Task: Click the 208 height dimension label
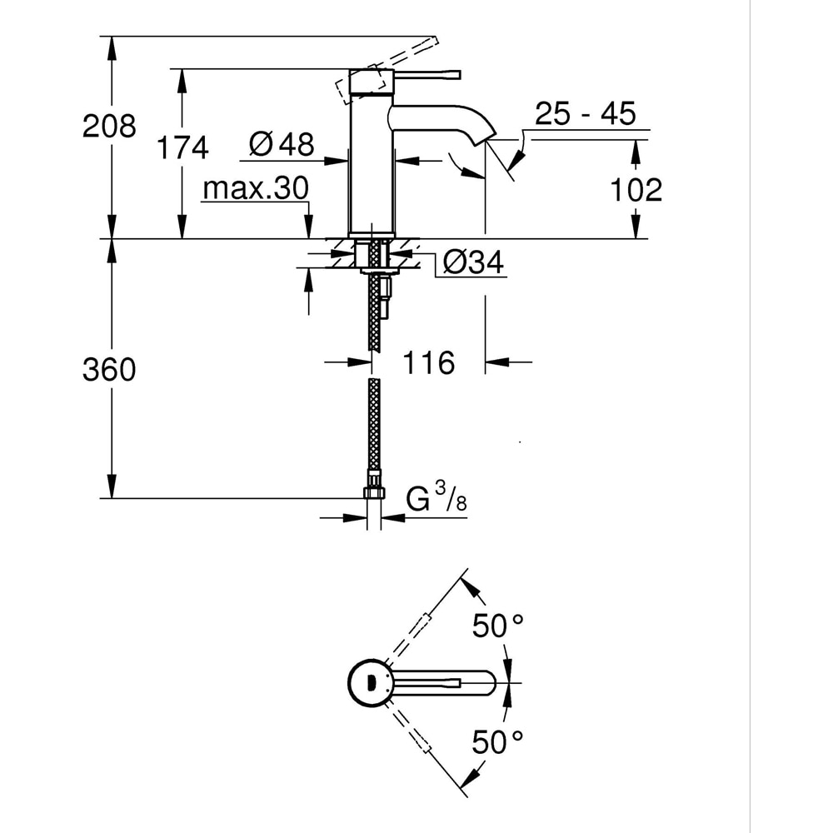[x=108, y=127]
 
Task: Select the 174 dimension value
[x=183, y=147]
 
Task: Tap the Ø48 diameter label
[x=282, y=145]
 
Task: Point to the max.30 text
[x=255, y=189]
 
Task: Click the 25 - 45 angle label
[x=585, y=113]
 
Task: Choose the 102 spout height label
[x=636, y=190]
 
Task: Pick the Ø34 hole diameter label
[x=472, y=263]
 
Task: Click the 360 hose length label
[x=108, y=369]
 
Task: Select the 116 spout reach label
[x=429, y=362]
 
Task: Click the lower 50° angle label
[x=497, y=741]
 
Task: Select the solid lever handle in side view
[x=425, y=74]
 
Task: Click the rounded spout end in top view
[x=489, y=683]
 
